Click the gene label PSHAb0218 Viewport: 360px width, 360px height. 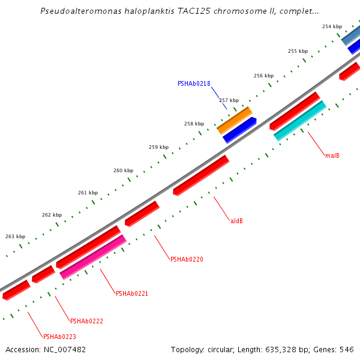(194, 84)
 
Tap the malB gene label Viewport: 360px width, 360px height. (332, 156)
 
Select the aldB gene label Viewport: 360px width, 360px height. (236, 221)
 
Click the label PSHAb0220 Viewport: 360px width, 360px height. (187, 260)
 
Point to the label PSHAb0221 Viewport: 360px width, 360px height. (131, 294)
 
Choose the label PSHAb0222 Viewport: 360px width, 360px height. (86, 321)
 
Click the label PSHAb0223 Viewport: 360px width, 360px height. (59, 337)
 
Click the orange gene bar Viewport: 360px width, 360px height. (234, 121)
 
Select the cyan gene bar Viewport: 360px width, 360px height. (299, 121)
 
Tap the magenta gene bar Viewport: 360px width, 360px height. (93, 257)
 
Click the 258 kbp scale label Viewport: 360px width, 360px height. (194, 124)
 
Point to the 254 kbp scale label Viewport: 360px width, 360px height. (332, 27)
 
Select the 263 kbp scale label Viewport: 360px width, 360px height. (16, 236)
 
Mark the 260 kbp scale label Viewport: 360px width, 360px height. (123, 170)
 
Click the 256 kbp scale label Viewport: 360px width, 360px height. (263, 76)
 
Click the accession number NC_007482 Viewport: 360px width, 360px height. (65, 349)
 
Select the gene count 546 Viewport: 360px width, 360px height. (347, 349)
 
